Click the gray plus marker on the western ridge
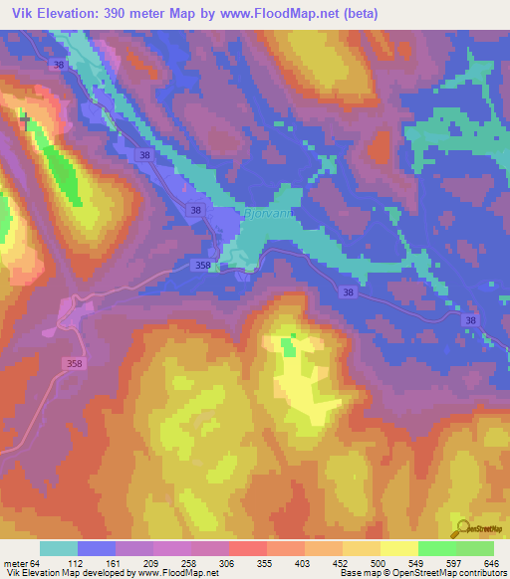[x=25, y=118]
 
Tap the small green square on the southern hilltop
[x=288, y=347]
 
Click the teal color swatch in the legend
[x=59, y=547]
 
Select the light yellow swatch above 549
[x=399, y=547]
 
